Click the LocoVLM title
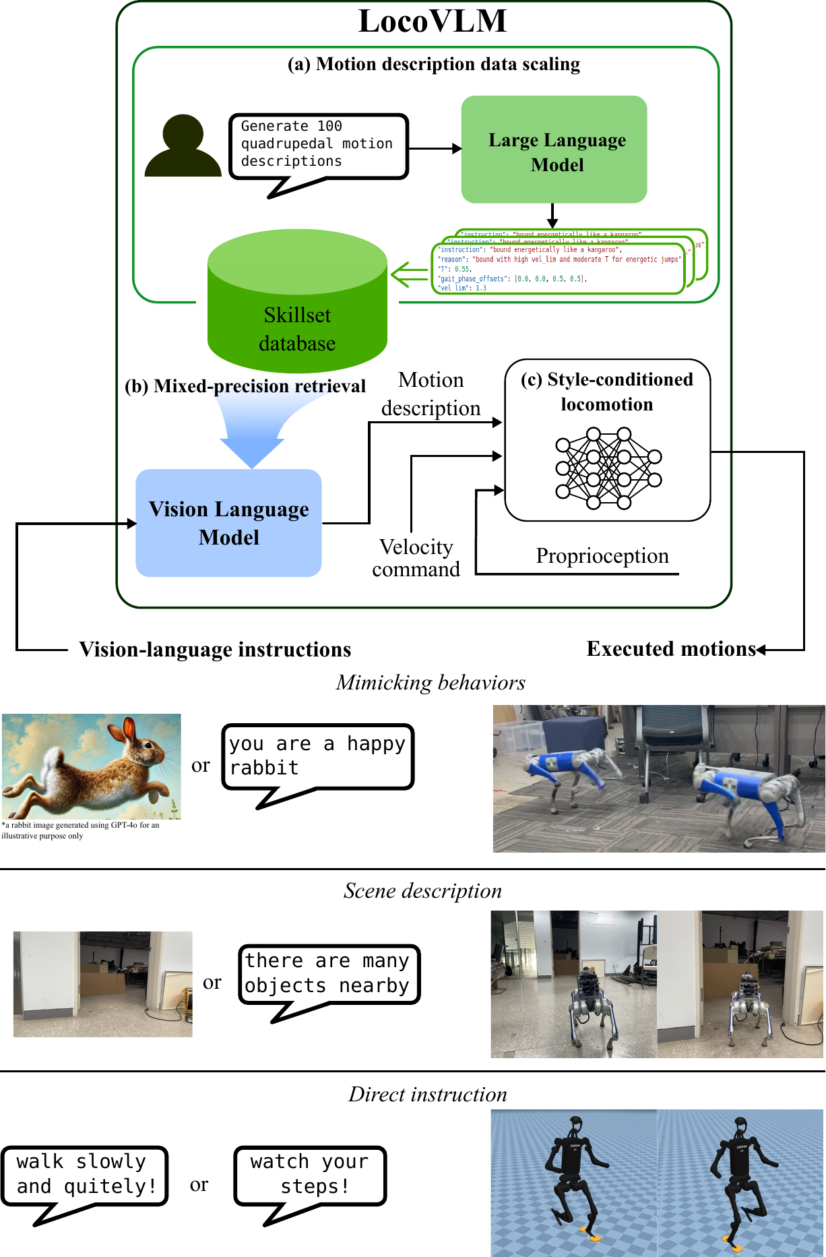432,21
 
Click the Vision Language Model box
228,523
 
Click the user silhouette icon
183,146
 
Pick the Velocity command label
416,558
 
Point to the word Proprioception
602,556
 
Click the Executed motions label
671,649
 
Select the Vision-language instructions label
215,650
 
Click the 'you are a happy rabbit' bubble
317,756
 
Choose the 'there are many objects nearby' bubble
329,974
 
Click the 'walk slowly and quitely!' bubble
84,1175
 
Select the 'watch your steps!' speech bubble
310,1175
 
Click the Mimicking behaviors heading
431,683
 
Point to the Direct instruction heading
428,1095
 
